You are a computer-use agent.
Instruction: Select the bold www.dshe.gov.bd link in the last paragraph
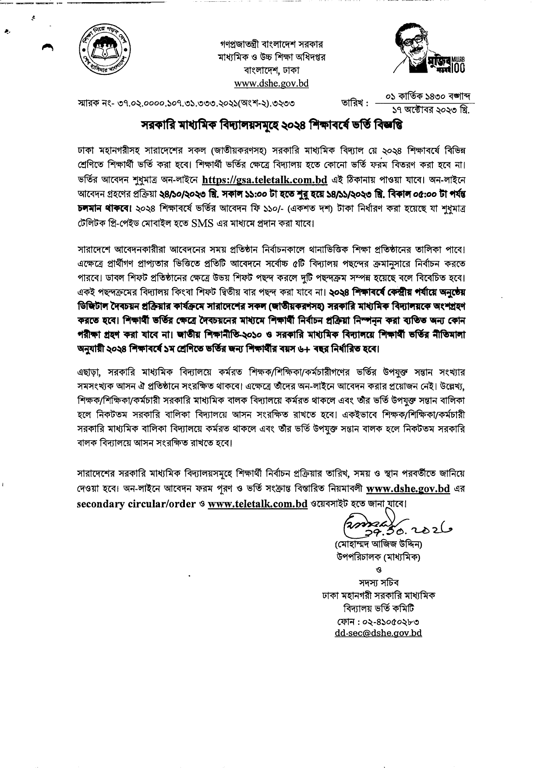(408, 488)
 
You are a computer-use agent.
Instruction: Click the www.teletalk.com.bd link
(258, 503)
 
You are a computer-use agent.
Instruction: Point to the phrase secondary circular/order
(136, 503)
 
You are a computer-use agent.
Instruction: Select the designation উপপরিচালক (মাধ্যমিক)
(377, 558)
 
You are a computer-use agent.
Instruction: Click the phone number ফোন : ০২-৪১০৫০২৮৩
(378, 621)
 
